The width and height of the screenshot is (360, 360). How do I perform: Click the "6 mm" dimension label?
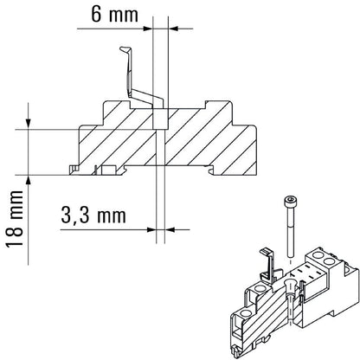coord(112,14)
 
